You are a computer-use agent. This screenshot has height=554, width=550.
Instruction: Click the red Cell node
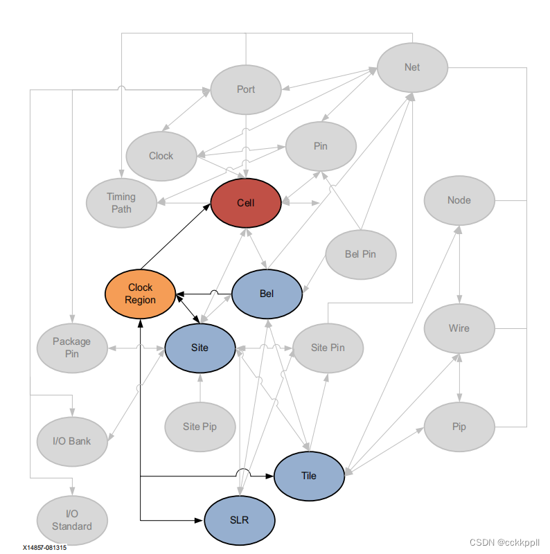click(246, 203)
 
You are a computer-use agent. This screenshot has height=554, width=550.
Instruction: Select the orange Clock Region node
click(140, 293)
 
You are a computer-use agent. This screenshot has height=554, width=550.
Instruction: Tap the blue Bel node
click(267, 294)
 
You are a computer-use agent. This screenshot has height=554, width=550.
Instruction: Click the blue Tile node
click(309, 476)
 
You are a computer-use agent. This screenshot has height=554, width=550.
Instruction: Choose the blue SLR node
click(240, 520)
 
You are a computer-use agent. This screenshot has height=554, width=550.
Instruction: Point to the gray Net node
click(412, 67)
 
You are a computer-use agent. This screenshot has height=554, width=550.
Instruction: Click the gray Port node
click(246, 89)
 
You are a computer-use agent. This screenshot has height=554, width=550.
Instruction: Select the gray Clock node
click(161, 156)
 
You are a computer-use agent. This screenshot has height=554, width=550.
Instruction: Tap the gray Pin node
click(320, 146)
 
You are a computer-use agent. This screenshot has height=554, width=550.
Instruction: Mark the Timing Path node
click(121, 202)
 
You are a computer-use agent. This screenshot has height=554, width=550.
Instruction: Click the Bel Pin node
click(360, 254)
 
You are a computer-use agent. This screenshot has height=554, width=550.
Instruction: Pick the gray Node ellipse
click(459, 200)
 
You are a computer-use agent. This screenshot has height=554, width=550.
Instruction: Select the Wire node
click(459, 328)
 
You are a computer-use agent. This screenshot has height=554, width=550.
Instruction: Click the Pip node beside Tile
click(459, 427)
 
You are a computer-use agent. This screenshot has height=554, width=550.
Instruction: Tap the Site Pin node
click(328, 347)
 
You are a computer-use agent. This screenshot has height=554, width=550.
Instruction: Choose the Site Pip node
click(199, 427)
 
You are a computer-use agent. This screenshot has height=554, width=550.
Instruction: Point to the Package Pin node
click(72, 347)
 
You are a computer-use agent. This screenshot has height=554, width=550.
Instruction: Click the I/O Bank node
click(72, 440)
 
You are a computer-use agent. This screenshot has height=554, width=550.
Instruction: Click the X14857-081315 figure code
click(44, 547)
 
